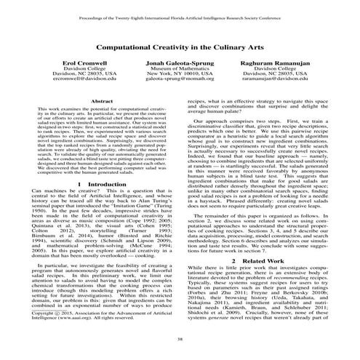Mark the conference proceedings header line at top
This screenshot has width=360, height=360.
click(x=180, y=12)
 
